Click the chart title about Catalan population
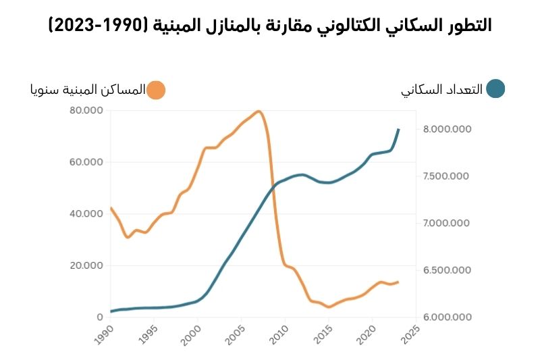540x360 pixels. [270, 26]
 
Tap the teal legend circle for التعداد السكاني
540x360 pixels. [495, 89]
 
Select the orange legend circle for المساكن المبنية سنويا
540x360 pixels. [156, 91]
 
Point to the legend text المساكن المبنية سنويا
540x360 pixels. [87, 91]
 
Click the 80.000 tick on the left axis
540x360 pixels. [86, 111]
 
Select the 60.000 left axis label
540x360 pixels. [86, 162]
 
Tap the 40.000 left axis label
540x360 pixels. [86, 214]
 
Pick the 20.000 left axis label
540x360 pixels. [86, 265]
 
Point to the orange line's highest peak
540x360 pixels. [259, 111]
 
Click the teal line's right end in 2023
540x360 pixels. [399, 128]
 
